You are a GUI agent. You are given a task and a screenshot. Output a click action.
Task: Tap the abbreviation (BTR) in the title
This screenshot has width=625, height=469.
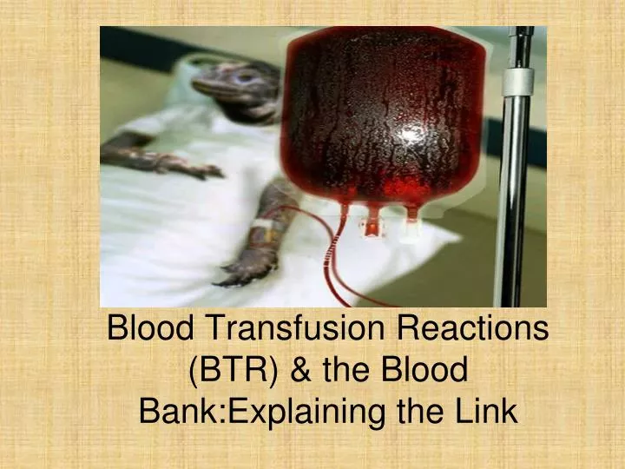(x=233, y=370)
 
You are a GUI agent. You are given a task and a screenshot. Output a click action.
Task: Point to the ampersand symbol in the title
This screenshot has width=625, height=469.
(x=302, y=369)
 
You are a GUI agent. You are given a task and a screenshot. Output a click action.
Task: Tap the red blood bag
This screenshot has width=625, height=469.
(x=382, y=120)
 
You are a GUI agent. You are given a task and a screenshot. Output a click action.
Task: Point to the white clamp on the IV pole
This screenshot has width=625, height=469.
(x=517, y=82)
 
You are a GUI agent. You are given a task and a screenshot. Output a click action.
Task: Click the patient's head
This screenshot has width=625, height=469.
(x=235, y=86)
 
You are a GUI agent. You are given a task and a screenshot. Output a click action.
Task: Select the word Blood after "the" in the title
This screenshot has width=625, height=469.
(x=424, y=369)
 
